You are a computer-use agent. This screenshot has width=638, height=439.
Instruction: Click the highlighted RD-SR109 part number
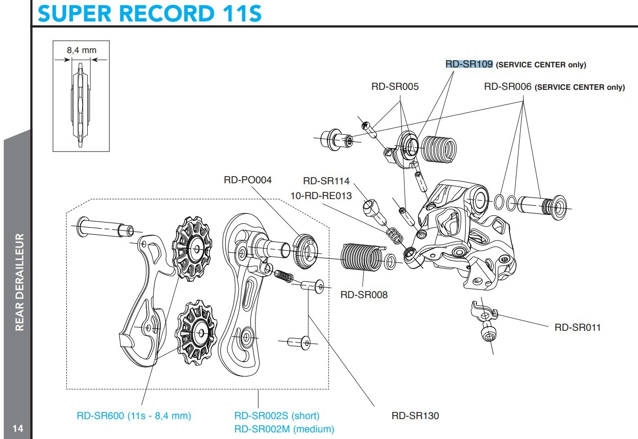pyautogui.click(x=469, y=64)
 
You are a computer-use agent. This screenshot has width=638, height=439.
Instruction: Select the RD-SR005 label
pyautogui.click(x=395, y=87)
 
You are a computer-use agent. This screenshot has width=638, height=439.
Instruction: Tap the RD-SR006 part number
pyautogui.click(x=508, y=87)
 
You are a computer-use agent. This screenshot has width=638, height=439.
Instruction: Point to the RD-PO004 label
pyautogui.click(x=248, y=180)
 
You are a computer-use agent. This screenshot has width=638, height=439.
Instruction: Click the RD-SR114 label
pyautogui.click(x=326, y=181)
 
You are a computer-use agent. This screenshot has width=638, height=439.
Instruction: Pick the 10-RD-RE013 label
pyautogui.click(x=321, y=196)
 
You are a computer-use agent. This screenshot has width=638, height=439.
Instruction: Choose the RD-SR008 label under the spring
pyautogui.click(x=364, y=295)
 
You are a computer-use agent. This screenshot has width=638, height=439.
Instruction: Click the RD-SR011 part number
pyautogui.click(x=578, y=327)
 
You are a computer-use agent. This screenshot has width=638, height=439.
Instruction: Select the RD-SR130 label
pyautogui.click(x=415, y=416)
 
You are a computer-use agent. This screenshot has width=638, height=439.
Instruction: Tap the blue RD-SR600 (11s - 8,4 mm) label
pyautogui.click(x=134, y=416)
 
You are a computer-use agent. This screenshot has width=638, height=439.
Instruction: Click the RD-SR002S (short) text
pyautogui.click(x=277, y=416)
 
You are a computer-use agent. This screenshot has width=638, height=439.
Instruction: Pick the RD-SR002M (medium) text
pyautogui.click(x=284, y=429)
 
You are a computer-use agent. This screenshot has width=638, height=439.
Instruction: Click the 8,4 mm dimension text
pyautogui.click(x=82, y=50)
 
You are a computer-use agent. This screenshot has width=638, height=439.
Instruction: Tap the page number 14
pyautogui.click(x=17, y=428)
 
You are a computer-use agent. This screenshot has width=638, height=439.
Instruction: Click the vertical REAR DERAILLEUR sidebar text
pyautogui.click(x=20, y=282)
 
